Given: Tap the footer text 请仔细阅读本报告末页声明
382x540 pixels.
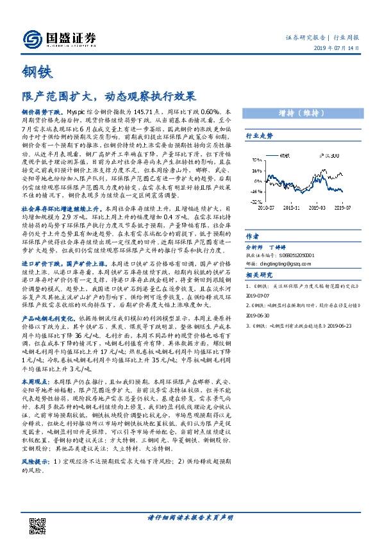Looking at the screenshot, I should click(x=190, y=518).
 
